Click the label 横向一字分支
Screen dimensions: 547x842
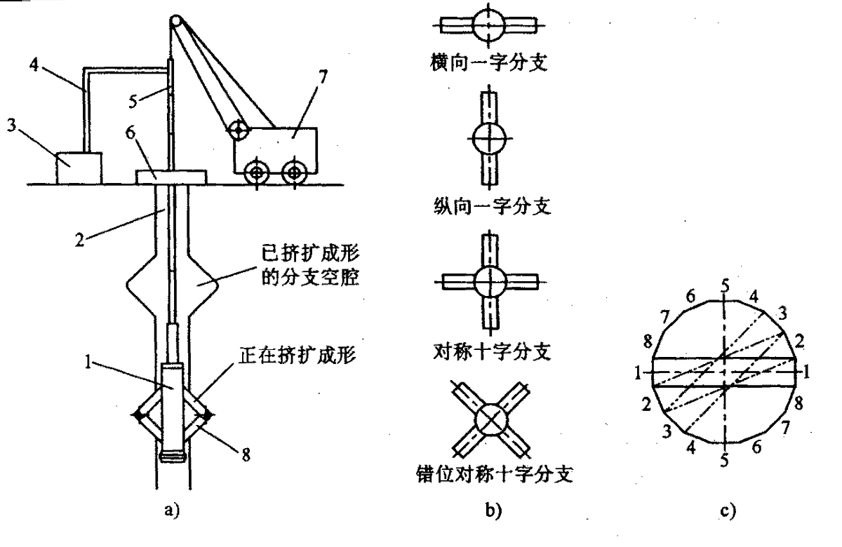489,65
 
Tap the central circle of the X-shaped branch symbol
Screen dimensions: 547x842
490,420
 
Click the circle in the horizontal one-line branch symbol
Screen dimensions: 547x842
488,25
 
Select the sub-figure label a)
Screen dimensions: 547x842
171,511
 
